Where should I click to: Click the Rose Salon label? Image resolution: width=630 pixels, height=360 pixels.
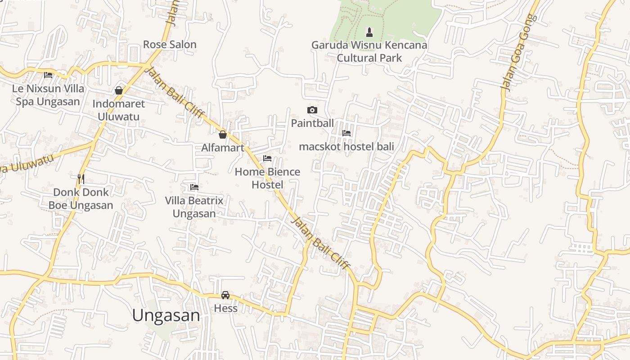pyautogui.click(x=170, y=45)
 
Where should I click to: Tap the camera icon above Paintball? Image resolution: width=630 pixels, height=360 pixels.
pyautogui.click(x=312, y=110)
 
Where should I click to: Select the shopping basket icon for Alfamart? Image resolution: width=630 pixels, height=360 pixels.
pyautogui.click(x=222, y=134)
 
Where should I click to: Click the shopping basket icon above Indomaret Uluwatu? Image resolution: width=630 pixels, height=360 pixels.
pyautogui.click(x=119, y=90)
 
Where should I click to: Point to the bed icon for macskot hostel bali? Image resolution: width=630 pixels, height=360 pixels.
pyautogui.click(x=346, y=133)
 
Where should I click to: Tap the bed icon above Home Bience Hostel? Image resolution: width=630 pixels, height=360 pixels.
pyautogui.click(x=267, y=158)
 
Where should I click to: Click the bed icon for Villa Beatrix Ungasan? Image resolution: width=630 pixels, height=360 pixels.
pyautogui.click(x=194, y=187)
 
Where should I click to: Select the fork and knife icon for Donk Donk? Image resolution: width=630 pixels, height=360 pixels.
pyautogui.click(x=81, y=179)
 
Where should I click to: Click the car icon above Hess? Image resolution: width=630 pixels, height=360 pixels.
pyautogui.click(x=225, y=295)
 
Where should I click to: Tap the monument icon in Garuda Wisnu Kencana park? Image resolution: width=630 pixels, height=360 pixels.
pyautogui.click(x=369, y=32)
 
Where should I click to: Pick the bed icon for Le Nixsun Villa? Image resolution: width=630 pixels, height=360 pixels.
pyautogui.click(x=48, y=75)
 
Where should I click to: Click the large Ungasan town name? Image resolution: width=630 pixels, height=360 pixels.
pyautogui.click(x=166, y=315)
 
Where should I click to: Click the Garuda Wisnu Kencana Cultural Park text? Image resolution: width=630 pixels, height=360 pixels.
pyautogui.click(x=369, y=51)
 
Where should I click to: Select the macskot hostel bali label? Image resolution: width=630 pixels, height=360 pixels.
pyautogui.click(x=346, y=147)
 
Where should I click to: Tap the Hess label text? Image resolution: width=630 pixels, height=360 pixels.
pyautogui.click(x=225, y=308)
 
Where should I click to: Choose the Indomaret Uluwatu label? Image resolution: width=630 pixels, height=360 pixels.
pyautogui.click(x=119, y=110)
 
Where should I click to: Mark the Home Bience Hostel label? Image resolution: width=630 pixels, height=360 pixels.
pyautogui.click(x=267, y=178)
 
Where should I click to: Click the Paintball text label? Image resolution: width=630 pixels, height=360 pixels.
pyautogui.click(x=312, y=123)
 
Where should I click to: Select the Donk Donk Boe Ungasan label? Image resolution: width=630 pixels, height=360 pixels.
pyautogui.click(x=81, y=198)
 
